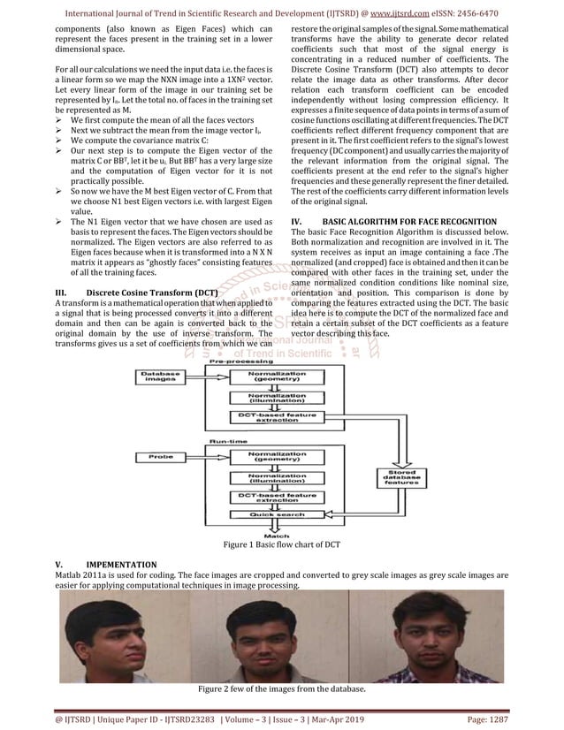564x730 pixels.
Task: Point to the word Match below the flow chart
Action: click(x=278, y=534)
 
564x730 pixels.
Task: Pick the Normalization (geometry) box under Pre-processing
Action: click(x=278, y=376)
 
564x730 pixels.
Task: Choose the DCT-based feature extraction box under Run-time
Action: click(x=278, y=498)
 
